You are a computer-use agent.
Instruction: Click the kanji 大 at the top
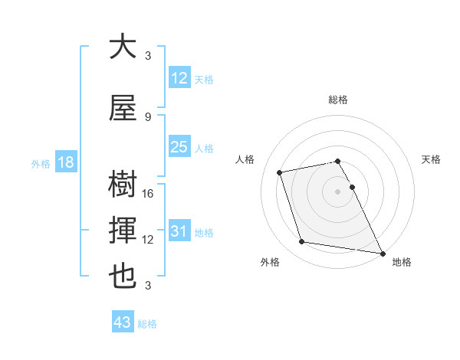(123, 47)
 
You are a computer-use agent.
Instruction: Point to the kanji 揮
(123, 231)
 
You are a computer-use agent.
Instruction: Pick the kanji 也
(123, 277)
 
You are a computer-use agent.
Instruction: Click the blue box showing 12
(179, 78)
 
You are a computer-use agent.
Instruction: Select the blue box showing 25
(179, 147)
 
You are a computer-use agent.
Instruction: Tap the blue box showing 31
(179, 231)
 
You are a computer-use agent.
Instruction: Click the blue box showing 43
(123, 322)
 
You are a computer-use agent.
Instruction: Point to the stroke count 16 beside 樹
(149, 194)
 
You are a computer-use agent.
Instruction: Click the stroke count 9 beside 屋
(147, 117)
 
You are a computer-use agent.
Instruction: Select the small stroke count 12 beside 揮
(149, 240)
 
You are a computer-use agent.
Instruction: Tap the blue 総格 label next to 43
(147, 324)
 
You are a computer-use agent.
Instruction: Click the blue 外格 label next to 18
(41, 163)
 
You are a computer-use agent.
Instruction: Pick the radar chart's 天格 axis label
(431, 159)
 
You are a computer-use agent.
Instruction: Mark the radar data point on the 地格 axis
(382, 253)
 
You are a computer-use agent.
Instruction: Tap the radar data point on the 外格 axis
(302, 242)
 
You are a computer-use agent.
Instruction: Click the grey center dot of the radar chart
(338, 191)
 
